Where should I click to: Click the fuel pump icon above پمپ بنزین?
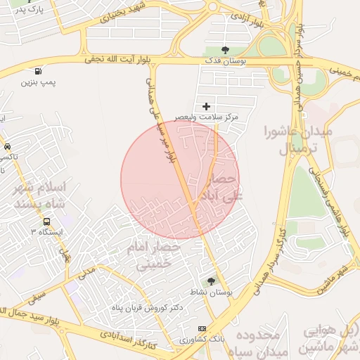[x=37, y=71]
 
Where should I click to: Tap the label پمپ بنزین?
[x=37, y=82]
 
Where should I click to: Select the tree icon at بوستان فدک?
[x=225, y=50]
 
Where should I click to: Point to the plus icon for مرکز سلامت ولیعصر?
[x=206, y=105]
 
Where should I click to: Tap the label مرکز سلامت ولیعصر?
[x=209, y=116]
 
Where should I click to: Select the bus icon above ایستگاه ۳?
[x=46, y=221]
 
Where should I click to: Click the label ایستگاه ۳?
[x=47, y=231]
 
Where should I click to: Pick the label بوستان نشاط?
[x=215, y=292]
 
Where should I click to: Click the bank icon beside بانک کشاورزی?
[x=202, y=328]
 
